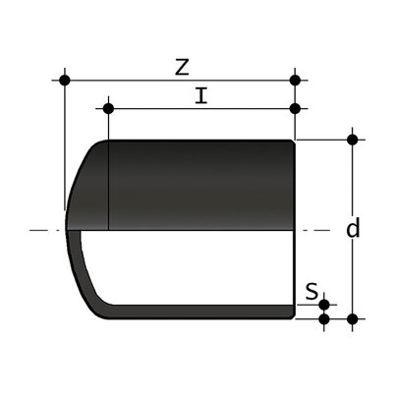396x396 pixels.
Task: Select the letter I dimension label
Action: click(200, 95)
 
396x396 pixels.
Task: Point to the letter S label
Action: click(311, 291)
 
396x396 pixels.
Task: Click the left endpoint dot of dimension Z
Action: click(65, 79)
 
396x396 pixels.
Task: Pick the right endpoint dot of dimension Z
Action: click(296, 79)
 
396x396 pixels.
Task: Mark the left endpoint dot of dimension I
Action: click(108, 108)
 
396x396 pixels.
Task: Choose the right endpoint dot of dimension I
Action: click(296, 108)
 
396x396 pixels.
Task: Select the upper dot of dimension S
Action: click(325, 306)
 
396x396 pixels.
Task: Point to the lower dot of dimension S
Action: click(325, 318)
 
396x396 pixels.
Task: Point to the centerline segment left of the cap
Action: click(44, 231)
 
